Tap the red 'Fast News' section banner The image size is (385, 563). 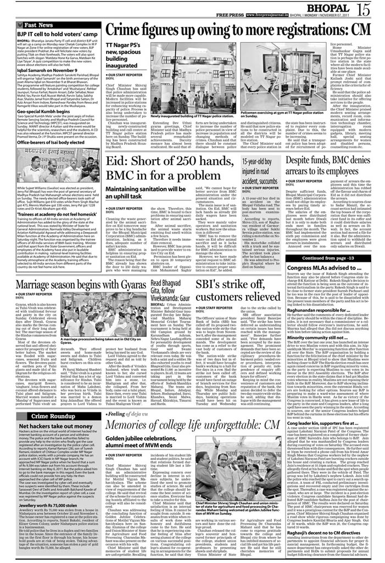click(38, 25)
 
